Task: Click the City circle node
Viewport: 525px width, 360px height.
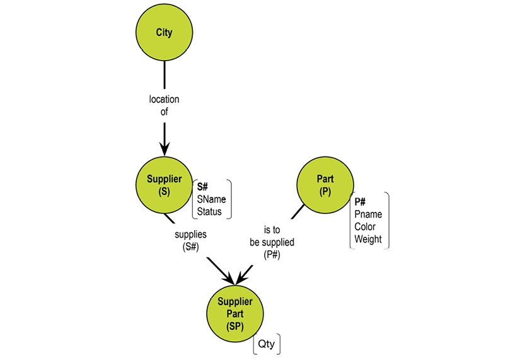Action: [164, 32]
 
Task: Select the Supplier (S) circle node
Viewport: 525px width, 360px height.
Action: [164, 185]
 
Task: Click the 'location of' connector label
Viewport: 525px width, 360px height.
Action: [164, 105]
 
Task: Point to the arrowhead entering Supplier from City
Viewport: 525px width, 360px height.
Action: [164, 149]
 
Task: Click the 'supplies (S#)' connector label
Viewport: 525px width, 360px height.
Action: [190, 240]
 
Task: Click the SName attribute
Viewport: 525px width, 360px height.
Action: [211, 199]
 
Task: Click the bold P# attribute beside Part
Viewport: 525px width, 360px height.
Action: [360, 202]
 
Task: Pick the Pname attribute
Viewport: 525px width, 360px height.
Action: [368, 214]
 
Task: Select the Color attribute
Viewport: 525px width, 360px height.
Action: [366, 227]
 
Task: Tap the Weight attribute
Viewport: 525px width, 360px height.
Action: [369, 240]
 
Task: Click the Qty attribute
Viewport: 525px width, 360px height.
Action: [266, 345]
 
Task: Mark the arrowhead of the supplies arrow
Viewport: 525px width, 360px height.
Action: [229, 277]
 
